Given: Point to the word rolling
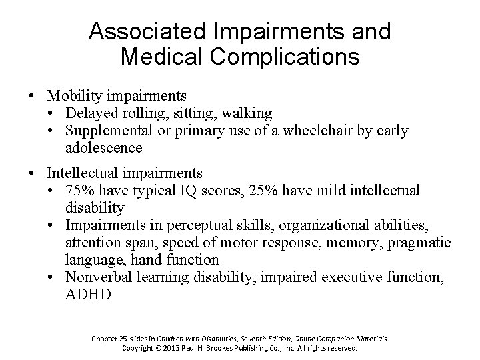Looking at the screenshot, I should (143, 113).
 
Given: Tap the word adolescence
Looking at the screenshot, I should (104, 147).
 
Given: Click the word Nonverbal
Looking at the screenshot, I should (98, 276).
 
